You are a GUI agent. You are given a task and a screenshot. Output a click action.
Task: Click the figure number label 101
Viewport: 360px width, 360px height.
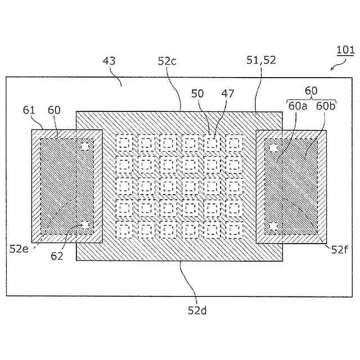pyautogui.click(x=345, y=50)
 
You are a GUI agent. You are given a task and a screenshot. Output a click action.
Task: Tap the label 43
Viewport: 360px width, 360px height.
pyautogui.click(x=109, y=61)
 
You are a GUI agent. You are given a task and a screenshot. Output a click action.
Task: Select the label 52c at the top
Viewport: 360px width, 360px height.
pyautogui.click(x=167, y=61)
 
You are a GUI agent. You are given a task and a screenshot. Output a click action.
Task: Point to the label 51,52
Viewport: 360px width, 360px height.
pyautogui.click(x=262, y=61)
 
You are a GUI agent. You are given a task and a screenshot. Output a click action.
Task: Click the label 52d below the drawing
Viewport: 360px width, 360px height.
pyautogui.click(x=197, y=309)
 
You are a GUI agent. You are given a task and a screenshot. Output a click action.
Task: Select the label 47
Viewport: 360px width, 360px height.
pyautogui.click(x=227, y=93)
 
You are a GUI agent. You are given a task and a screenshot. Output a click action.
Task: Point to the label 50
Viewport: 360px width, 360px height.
pyautogui.click(x=197, y=93)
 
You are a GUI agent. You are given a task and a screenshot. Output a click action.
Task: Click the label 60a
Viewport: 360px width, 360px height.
pyautogui.click(x=297, y=106)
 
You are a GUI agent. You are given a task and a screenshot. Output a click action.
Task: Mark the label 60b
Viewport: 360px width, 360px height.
pyautogui.click(x=325, y=106)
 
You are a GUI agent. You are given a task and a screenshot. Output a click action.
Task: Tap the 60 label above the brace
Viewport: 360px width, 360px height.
pyautogui.click(x=311, y=91)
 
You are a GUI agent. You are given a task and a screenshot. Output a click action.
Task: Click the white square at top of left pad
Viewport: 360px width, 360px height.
pyautogui.click(x=85, y=146)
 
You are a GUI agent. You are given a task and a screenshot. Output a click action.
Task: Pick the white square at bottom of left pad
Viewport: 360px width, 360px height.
pyautogui.click(x=85, y=225)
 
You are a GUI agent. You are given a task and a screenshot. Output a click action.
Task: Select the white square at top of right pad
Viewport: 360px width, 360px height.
pyautogui.click(x=274, y=148)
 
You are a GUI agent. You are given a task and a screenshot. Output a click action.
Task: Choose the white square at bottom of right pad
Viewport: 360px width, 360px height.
pyautogui.click(x=274, y=226)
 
